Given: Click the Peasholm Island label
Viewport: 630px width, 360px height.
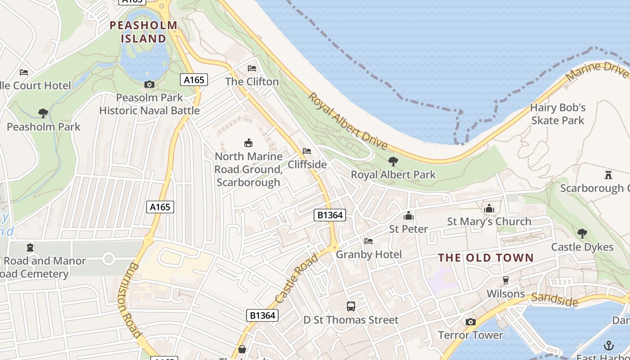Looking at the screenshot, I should [x=144, y=31].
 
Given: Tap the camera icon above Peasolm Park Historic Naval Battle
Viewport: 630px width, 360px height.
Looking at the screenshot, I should [x=149, y=84].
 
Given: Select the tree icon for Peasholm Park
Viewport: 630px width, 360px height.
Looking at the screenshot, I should [x=43, y=113].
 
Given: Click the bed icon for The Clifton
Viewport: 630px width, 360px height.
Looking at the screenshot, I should [x=252, y=68].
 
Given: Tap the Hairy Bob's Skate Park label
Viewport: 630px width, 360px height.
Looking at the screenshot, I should [x=558, y=114].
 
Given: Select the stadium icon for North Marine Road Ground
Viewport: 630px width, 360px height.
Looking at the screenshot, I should [x=248, y=143].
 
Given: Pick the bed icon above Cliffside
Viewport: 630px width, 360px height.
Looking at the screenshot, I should [x=307, y=151].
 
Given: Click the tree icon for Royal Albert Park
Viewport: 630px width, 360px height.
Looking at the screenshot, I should [x=393, y=161].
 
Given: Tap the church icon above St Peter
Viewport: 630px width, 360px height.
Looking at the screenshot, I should [x=409, y=216].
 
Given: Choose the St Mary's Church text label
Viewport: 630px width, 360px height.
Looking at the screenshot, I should [x=489, y=221].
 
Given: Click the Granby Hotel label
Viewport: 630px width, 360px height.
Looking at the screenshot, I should [x=369, y=255].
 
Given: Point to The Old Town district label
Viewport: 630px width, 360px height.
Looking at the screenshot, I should [x=486, y=258].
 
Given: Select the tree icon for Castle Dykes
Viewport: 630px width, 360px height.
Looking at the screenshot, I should [x=582, y=233].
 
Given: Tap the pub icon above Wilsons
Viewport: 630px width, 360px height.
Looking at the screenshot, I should [x=505, y=280].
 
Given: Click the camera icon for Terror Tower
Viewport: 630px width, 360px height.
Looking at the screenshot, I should [x=471, y=322].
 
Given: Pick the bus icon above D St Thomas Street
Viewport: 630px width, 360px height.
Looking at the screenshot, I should [x=351, y=306].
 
